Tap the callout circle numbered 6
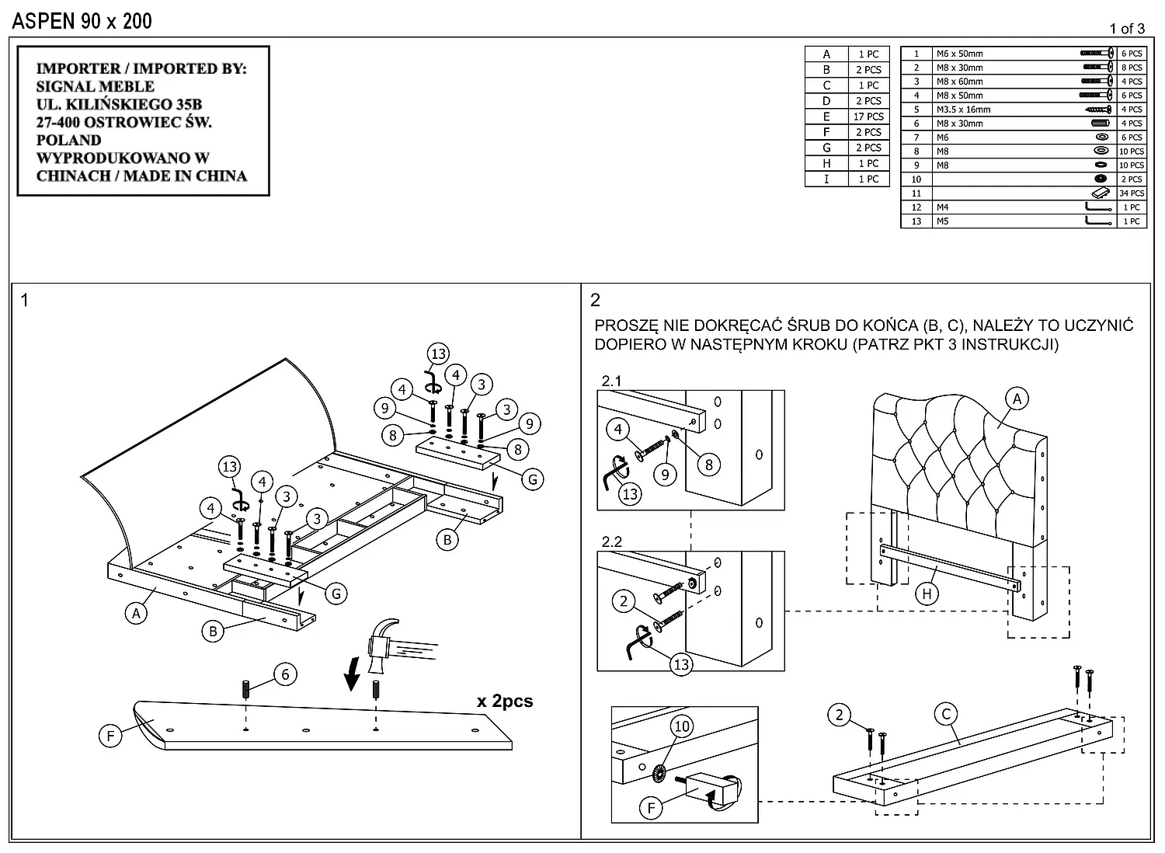tap(285, 674)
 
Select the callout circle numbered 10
tap(681, 726)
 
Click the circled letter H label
tap(927, 594)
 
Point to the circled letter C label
tap(946, 714)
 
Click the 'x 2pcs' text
tap(505, 701)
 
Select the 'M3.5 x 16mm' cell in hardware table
tap(963, 110)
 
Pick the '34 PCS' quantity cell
tap(1132, 193)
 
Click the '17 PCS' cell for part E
tap(868, 117)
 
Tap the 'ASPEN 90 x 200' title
tap(82, 21)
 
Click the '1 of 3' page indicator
tap(1127, 29)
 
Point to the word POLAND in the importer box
tap(69, 140)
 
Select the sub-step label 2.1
tap(611, 381)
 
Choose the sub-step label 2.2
tap(611, 541)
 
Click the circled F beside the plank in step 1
tap(110, 735)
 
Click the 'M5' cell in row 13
tap(942, 221)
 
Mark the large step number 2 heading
tap(596, 300)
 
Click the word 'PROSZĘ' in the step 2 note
tap(627, 326)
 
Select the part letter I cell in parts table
tap(826, 179)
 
